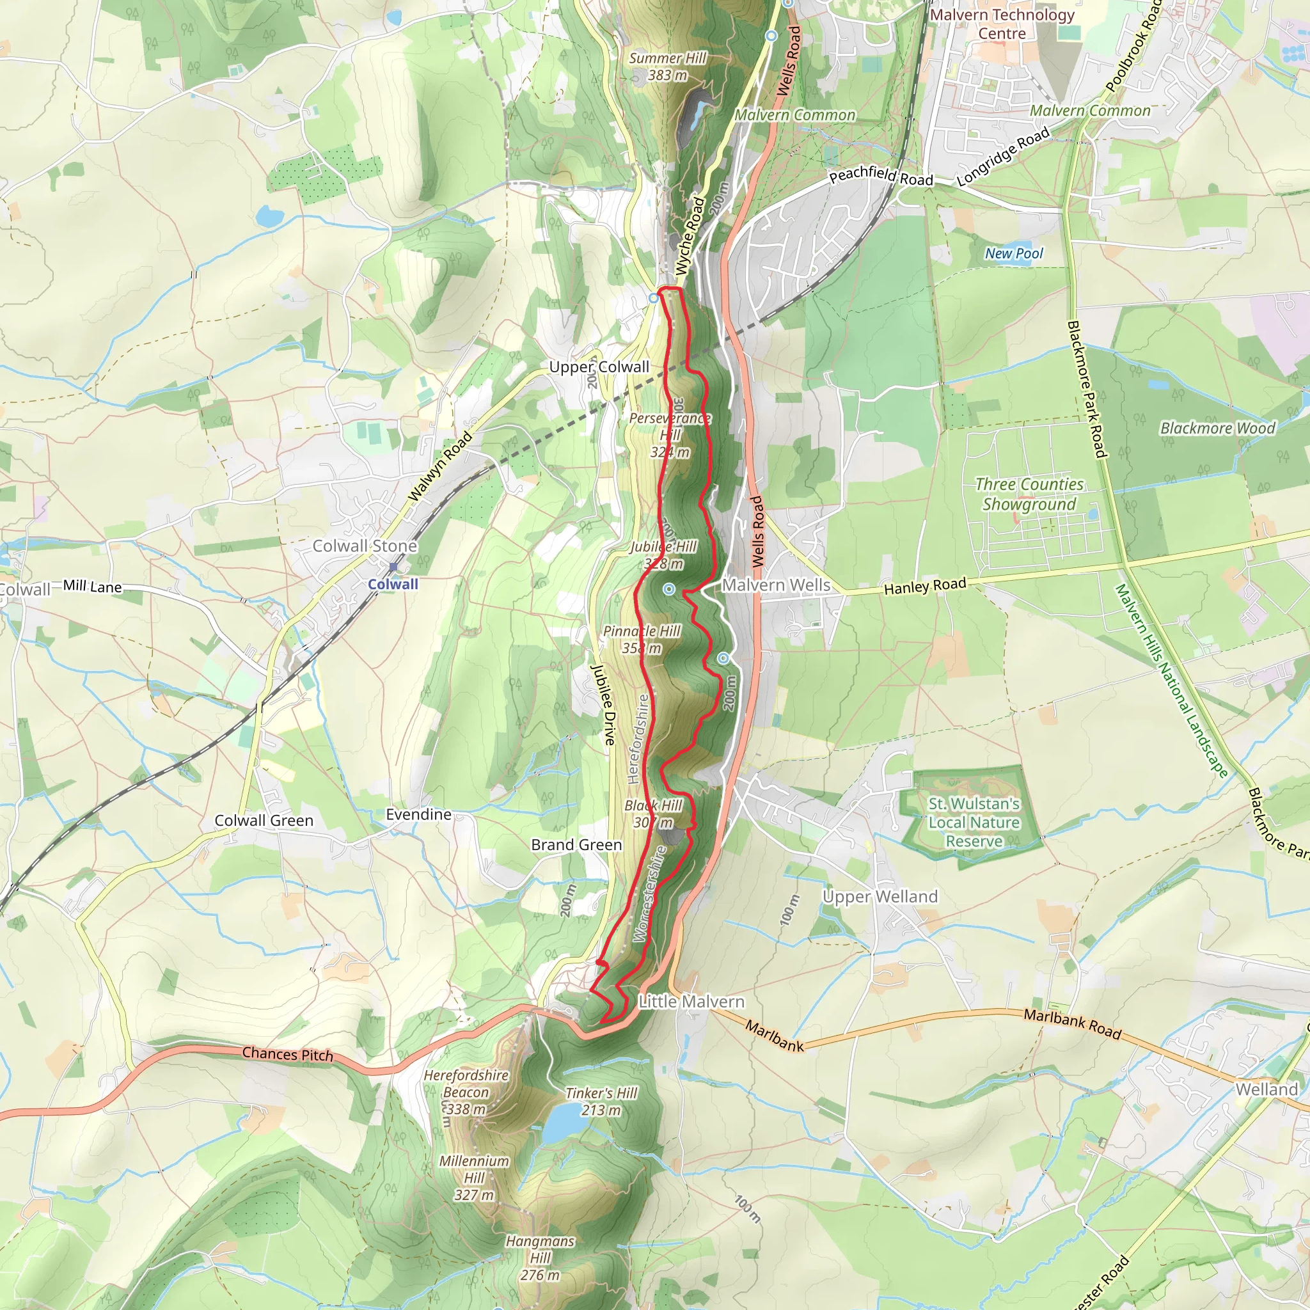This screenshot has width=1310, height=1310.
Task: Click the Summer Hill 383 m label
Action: (x=667, y=67)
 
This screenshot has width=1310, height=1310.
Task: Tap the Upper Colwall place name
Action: (x=599, y=367)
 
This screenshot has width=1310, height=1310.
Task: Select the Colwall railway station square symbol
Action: (x=393, y=567)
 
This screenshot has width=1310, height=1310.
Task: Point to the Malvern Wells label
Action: (x=776, y=585)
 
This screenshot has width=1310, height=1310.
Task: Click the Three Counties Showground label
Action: (x=1029, y=494)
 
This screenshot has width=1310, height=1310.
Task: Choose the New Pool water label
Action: (x=1014, y=253)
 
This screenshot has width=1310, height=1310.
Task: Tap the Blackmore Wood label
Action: (x=1217, y=428)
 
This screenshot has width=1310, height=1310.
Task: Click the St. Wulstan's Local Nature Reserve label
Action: (x=974, y=822)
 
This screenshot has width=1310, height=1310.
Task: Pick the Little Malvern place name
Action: (x=691, y=1001)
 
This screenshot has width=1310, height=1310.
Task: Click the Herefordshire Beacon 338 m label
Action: (x=466, y=1092)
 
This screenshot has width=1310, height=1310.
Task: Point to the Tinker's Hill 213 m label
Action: (x=601, y=1101)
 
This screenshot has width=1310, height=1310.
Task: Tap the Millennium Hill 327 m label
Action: (x=474, y=1178)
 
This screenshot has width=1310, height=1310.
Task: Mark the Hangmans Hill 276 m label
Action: (x=540, y=1258)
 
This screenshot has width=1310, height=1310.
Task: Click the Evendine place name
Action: (x=418, y=814)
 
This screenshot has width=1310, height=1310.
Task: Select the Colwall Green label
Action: (x=264, y=821)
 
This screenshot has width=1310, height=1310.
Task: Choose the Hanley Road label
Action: (x=925, y=587)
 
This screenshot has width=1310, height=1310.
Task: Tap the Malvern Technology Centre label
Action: (x=1002, y=24)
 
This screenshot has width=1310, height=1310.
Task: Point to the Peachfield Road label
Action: (x=881, y=177)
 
